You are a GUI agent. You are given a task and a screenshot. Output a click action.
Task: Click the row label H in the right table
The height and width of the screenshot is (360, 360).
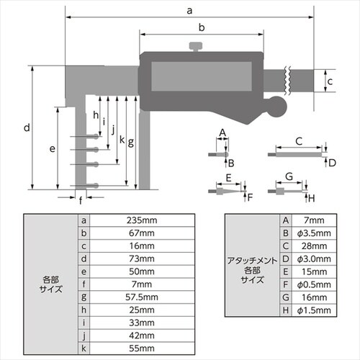(x=286, y=310)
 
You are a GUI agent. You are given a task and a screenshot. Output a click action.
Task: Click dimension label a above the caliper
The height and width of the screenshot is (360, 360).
(x=189, y=10)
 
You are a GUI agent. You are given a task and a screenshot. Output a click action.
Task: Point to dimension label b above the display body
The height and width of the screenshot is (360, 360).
(x=202, y=27)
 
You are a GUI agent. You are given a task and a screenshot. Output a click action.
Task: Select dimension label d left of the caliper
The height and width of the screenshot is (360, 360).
(x=25, y=128)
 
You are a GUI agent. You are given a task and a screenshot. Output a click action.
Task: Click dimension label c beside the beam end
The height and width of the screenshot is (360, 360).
(x=330, y=81)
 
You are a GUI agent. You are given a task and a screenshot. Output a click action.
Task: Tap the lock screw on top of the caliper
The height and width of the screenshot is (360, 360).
(x=195, y=48)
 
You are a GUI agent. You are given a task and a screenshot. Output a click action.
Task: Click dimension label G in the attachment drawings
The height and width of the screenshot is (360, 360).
(x=288, y=176)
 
